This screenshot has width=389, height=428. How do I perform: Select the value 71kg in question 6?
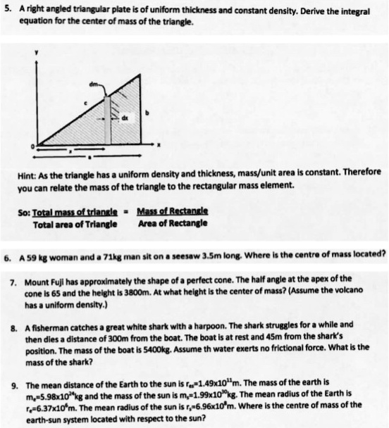pos(117,252)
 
